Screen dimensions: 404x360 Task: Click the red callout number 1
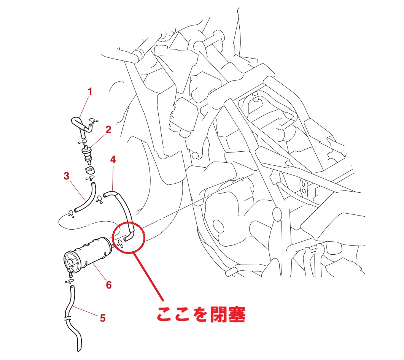click(90, 92)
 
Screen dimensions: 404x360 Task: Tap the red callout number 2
click(108, 130)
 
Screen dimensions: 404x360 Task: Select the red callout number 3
click(67, 176)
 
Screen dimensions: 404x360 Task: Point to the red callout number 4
click(113, 160)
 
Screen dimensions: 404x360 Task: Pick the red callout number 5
click(103, 318)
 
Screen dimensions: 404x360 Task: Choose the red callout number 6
click(109, 285)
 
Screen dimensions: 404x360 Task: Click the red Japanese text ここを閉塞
click(201, 314)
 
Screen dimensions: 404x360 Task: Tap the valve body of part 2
click(87, 154)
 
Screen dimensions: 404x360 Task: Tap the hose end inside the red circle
click(126, 239)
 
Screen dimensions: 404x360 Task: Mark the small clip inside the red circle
click(120, 244)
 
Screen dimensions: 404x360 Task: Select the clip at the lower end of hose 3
click(72, 214)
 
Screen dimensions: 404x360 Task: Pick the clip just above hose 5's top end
click(69, 281)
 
